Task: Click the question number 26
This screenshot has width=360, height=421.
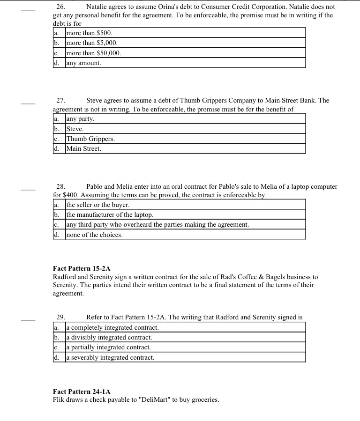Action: coord(60,7)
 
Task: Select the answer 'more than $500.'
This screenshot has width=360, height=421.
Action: coord(89,33)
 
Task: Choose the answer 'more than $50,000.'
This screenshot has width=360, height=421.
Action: coord(94,53)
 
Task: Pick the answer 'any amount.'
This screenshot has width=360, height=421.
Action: coord(83,63)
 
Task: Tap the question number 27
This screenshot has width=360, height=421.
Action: coord(60,100)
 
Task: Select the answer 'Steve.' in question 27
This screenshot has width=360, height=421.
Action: coord(75,129)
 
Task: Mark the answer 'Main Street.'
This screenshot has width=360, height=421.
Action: coord(83,149)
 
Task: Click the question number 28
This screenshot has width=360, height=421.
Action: coord(60,186)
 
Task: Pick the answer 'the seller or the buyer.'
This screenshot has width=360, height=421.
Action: coord(97,205)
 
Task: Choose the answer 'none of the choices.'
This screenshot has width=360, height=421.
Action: coord(94,235)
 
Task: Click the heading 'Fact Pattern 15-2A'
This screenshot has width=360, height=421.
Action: coord(82,268)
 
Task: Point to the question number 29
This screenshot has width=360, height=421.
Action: coord(60,318)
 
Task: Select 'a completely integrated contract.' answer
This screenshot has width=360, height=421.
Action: coord(112,327)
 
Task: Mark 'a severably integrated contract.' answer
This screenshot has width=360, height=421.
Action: coord(110,357)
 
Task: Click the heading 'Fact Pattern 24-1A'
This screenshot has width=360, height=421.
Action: coord(82,391)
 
